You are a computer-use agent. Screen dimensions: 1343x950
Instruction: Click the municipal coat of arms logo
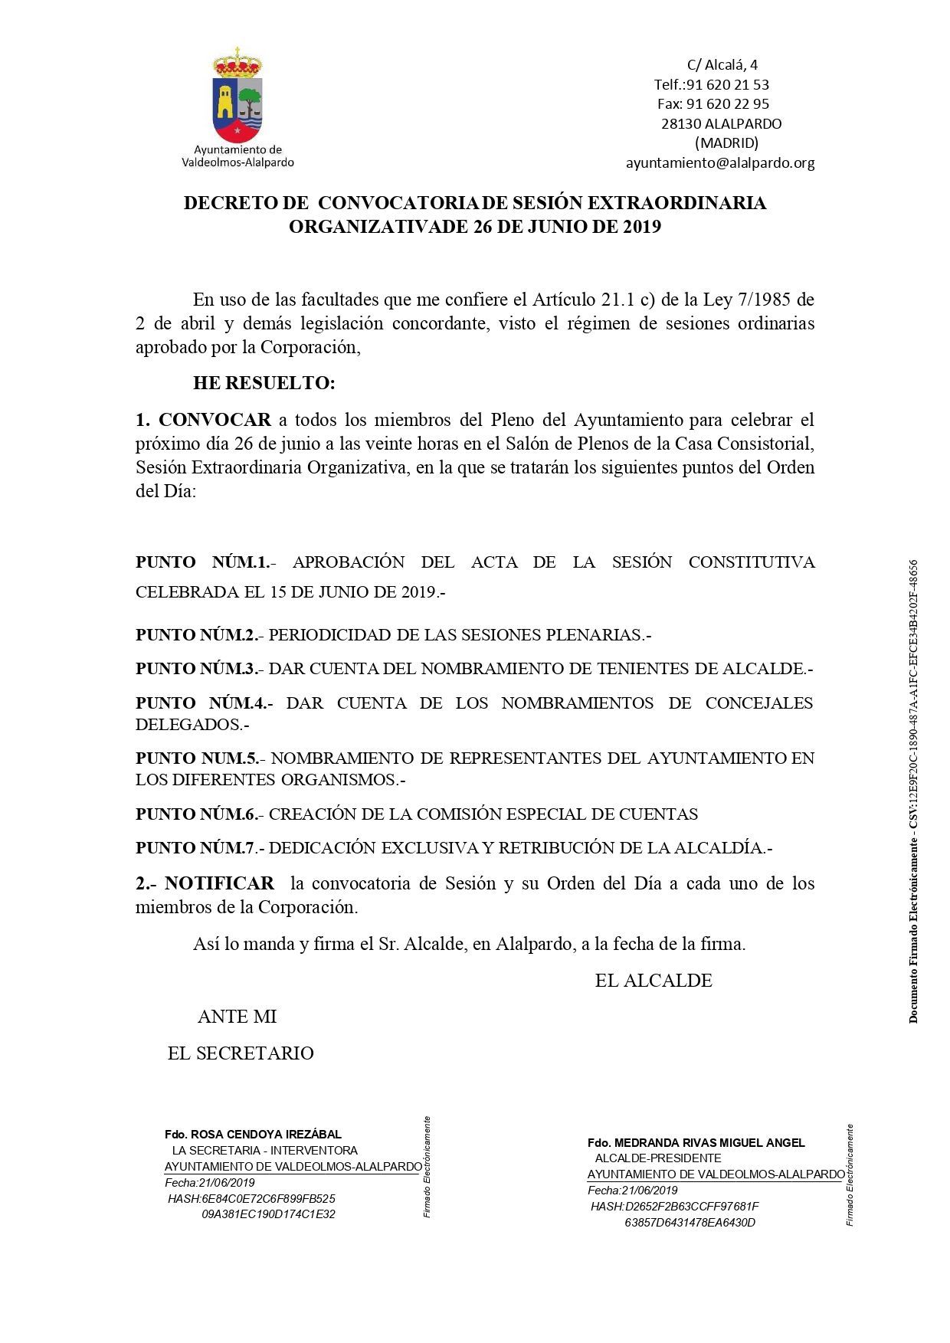click(x=237, y=96)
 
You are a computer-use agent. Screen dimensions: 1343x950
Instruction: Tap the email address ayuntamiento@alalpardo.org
click(x=719, y=163)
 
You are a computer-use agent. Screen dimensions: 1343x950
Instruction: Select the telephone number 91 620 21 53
click(x=727, y=84)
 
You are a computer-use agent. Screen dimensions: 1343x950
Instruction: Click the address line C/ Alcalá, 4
click(x=722, y=65)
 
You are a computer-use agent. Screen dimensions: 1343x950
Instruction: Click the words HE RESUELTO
click(x=264, y=383)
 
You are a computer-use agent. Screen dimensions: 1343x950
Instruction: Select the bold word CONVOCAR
click(x=215, y=420)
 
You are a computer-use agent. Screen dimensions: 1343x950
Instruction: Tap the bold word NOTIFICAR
click(x=219, y=883)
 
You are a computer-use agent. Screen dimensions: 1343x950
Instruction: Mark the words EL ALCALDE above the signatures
click(x=654, y=981)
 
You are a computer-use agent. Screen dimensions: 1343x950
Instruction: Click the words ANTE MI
click(x=237, y=1017)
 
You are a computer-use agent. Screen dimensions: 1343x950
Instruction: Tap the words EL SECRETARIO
click(x=241, y=1053)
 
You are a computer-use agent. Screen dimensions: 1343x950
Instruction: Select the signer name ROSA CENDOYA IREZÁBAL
click(x=266, y=1134)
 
